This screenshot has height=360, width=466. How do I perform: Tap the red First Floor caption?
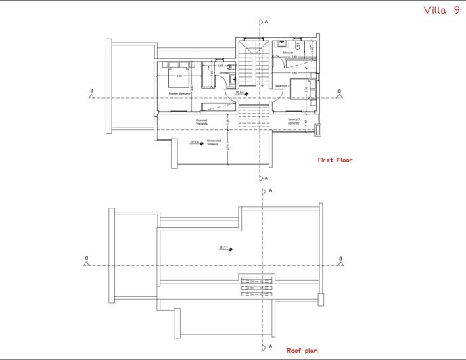(x=335, y=160)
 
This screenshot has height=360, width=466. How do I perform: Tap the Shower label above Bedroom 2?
(x=287, y=52)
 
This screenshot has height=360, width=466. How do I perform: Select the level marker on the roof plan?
(x=226, y=249)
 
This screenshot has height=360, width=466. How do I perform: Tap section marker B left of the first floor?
(x=91, y=95)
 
